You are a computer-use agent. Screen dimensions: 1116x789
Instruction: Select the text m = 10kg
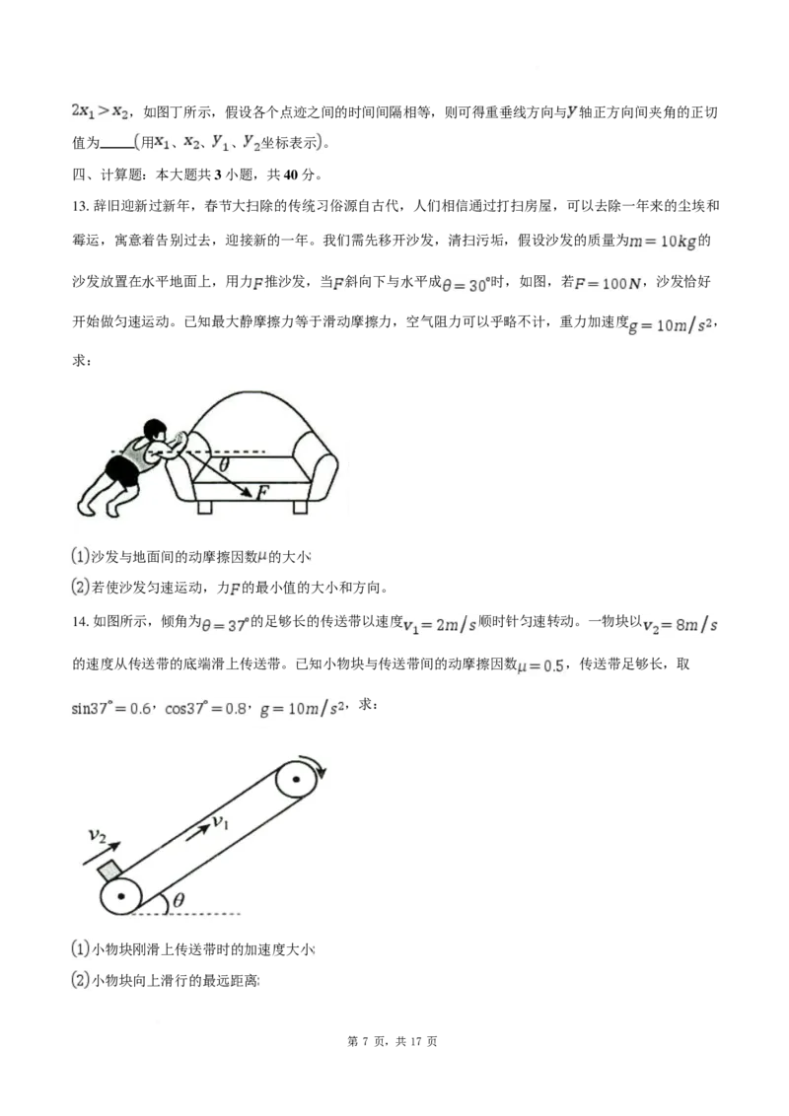click(x=664, y=242)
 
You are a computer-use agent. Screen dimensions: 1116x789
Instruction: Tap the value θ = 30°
click(x=466, y=285)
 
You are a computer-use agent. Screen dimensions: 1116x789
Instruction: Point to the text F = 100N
click(x=609, y=284)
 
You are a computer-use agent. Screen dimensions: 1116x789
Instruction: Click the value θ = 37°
click(x=225, y=625)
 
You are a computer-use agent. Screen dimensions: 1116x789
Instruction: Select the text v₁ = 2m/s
click(x=438, y=625)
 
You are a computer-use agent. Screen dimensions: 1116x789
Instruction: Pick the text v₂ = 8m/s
click(x=681, y=625)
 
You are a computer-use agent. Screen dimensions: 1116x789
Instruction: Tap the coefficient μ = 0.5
click(x=541, y=666)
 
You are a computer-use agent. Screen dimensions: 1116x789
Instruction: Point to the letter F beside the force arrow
click(x=262, y=494)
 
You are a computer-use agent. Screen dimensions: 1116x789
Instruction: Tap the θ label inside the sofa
click(x=225, y=463)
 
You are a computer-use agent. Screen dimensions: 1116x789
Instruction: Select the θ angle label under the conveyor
click(x=179, y=899)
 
